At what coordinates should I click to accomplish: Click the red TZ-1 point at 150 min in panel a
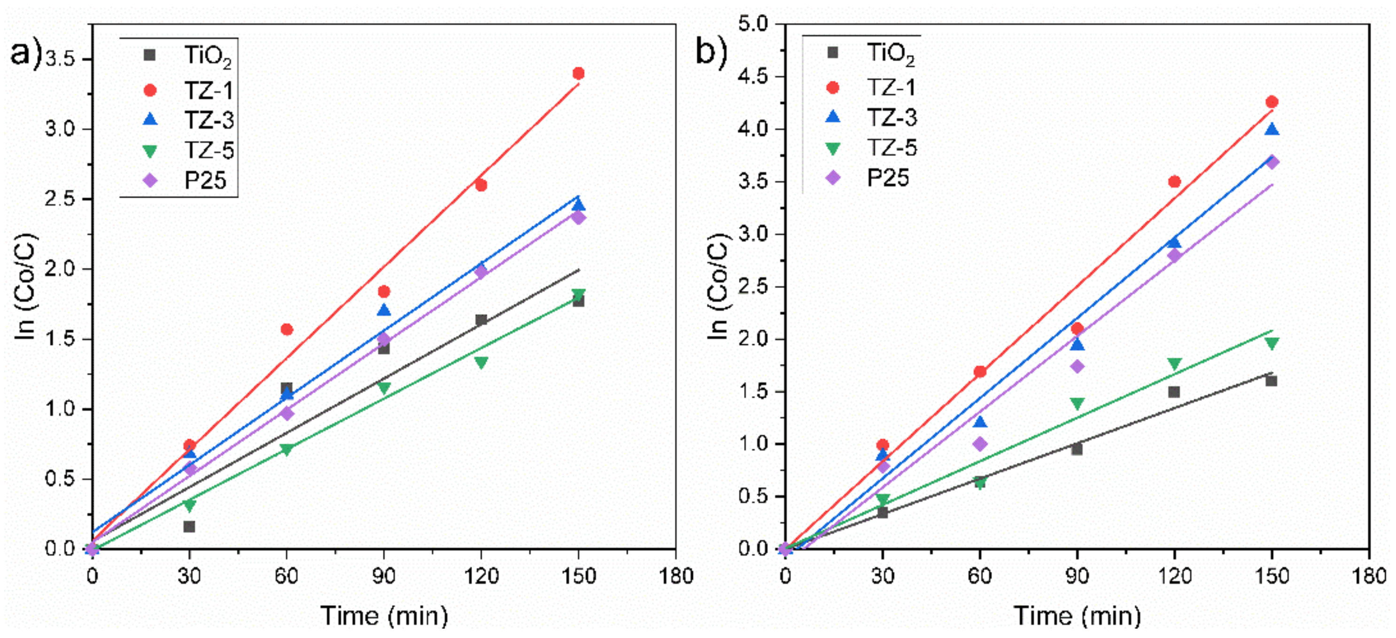578,73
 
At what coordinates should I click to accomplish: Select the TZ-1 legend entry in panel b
891,88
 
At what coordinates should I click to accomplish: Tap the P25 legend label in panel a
205,180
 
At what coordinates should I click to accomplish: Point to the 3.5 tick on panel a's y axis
60,59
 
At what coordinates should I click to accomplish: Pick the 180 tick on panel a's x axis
675,576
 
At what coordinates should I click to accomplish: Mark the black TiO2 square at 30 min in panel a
189,526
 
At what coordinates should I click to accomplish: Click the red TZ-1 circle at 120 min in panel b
1174,182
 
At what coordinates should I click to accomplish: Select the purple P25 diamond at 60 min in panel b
980,444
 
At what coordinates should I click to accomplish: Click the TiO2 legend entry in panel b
891,53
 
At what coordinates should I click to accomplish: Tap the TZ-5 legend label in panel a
209,150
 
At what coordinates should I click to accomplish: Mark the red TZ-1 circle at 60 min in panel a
287,329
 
